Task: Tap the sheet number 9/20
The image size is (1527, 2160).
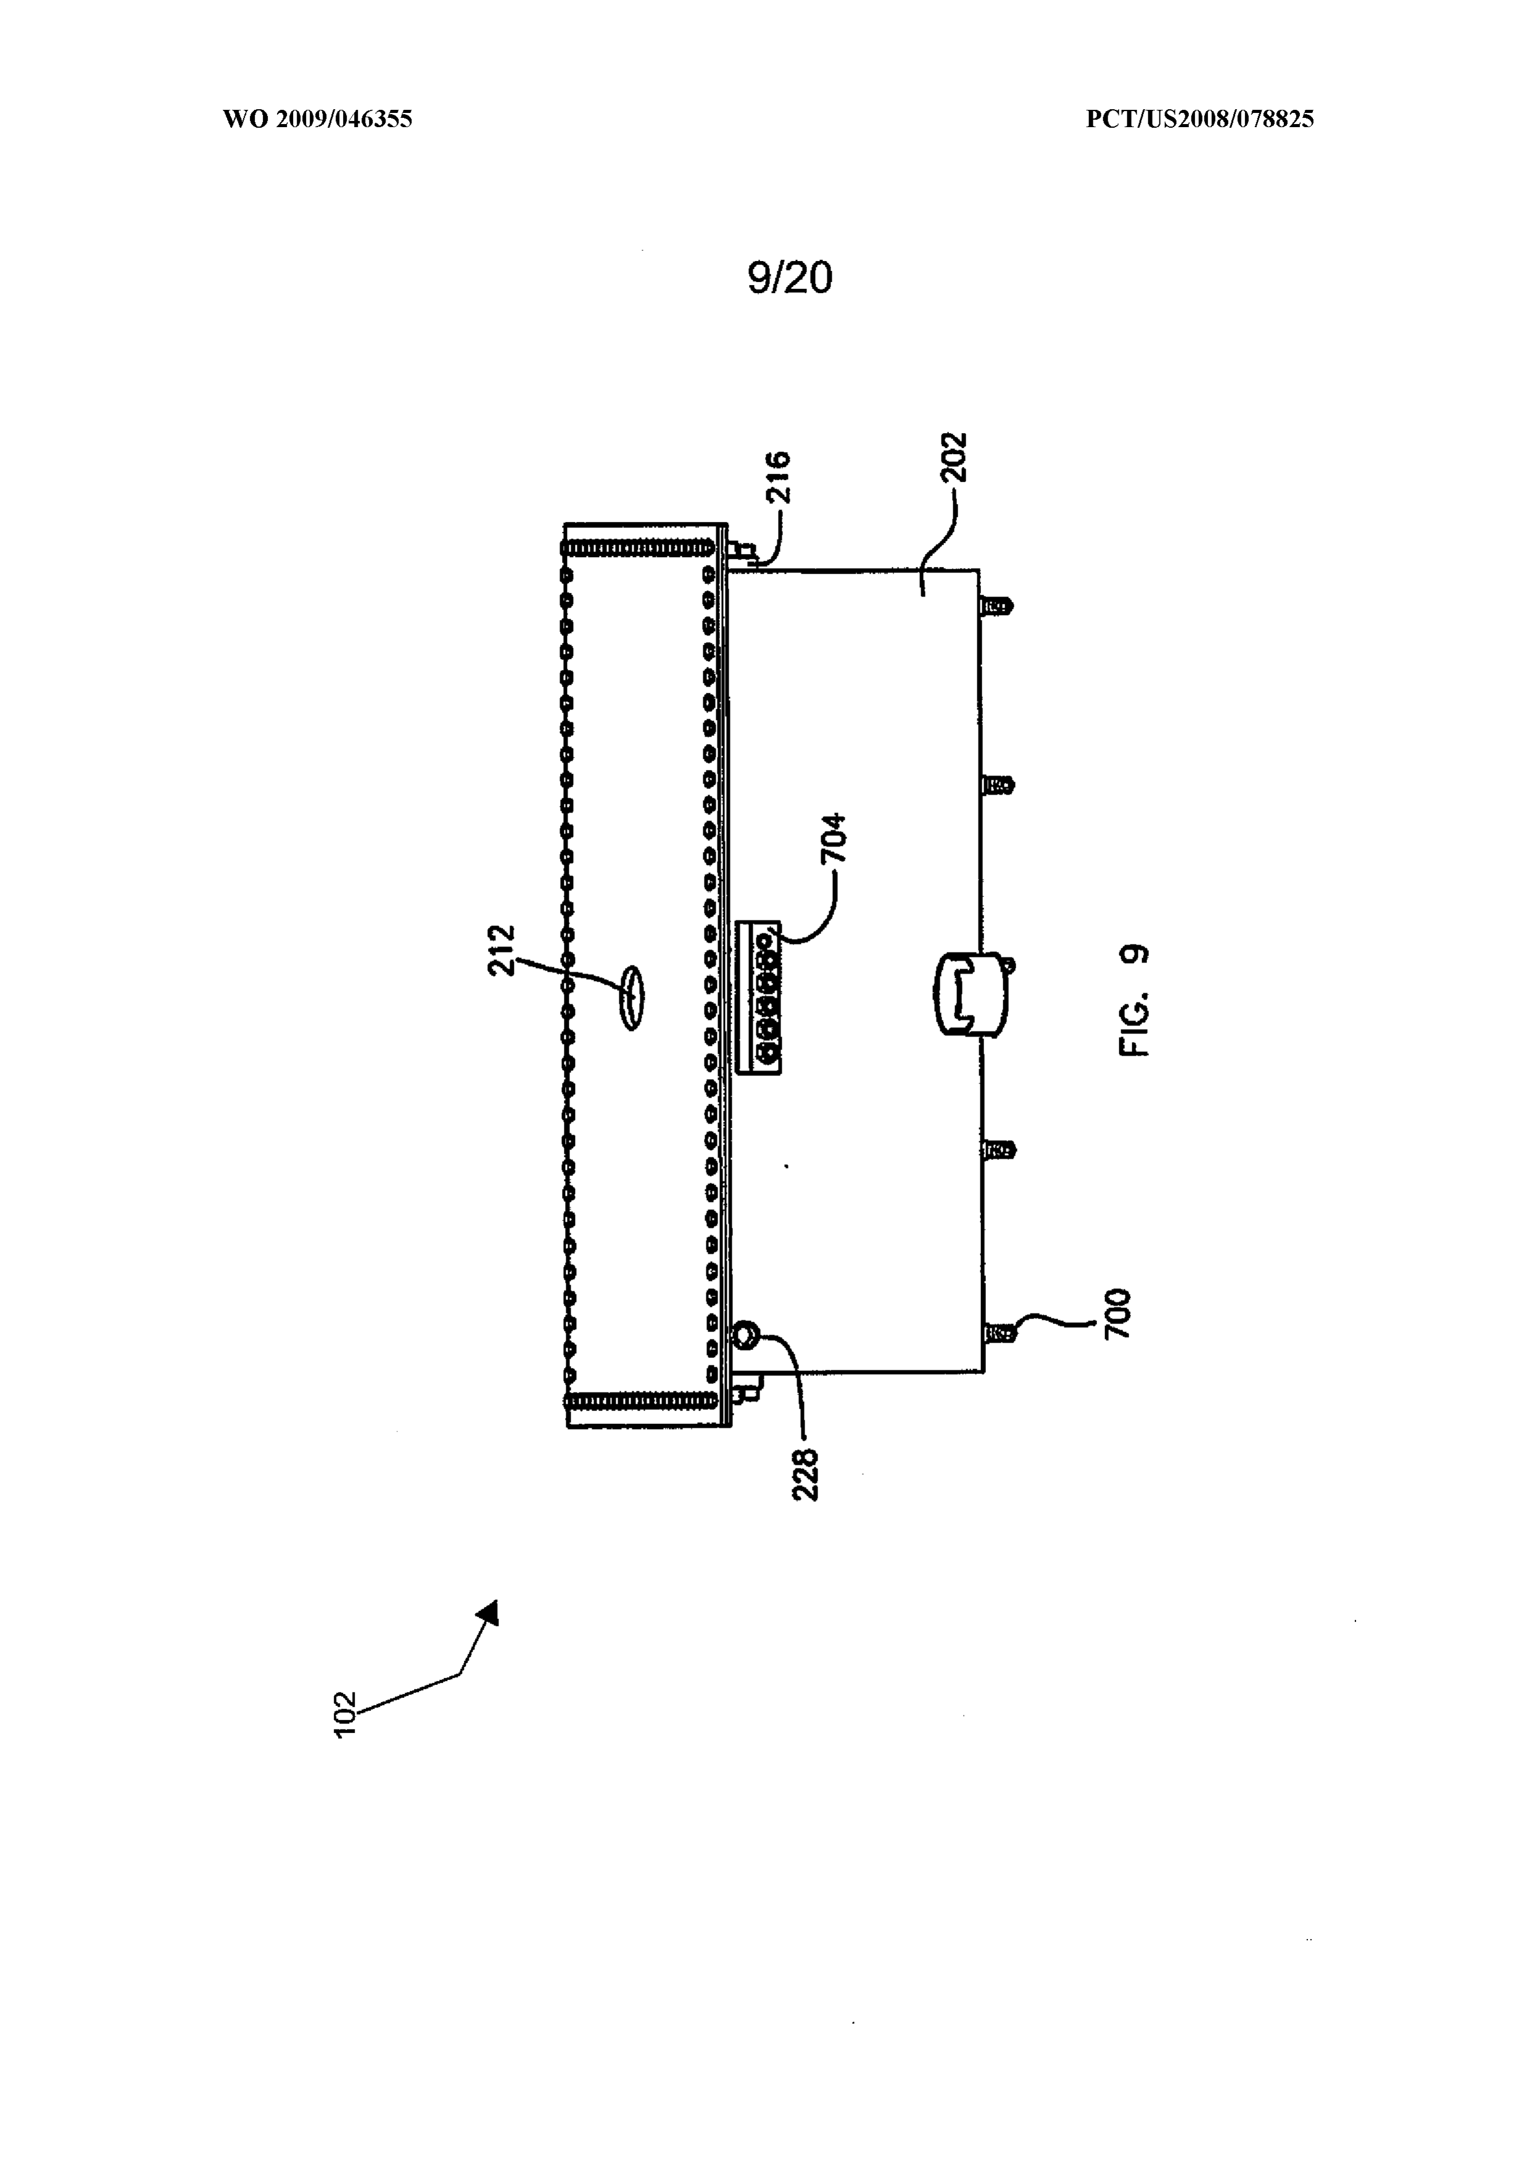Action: click(x=790, y=278)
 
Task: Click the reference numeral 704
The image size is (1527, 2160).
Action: click(x=834, y=838)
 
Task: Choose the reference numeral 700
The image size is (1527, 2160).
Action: click(x=1117, y=1314)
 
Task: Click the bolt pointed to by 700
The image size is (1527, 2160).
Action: click(x=998, y=1331)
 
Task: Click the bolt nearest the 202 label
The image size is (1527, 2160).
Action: click(x=998, y=604)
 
